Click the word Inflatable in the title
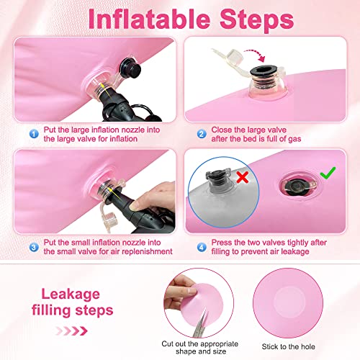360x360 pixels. [x=149, y=19]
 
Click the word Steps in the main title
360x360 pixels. [x=256, y=20]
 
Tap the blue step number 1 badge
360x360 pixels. [x=34, y=134]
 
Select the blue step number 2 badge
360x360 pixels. [x=202, y=134]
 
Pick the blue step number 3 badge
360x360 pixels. [x=34, y=247]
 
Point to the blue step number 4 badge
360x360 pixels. [x=202, y=247]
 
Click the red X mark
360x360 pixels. [x=243, y=177]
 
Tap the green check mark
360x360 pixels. [x=328, y=173]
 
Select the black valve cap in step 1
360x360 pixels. [x=131, y=67]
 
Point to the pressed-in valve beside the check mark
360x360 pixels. [x=298, y=186]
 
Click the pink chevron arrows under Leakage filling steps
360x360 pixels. [x=71, y=331]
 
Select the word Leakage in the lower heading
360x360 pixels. [x=71, y=294]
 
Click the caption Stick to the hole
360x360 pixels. [x=288, y=346]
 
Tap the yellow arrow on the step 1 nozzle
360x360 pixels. [x=106, y=89]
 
